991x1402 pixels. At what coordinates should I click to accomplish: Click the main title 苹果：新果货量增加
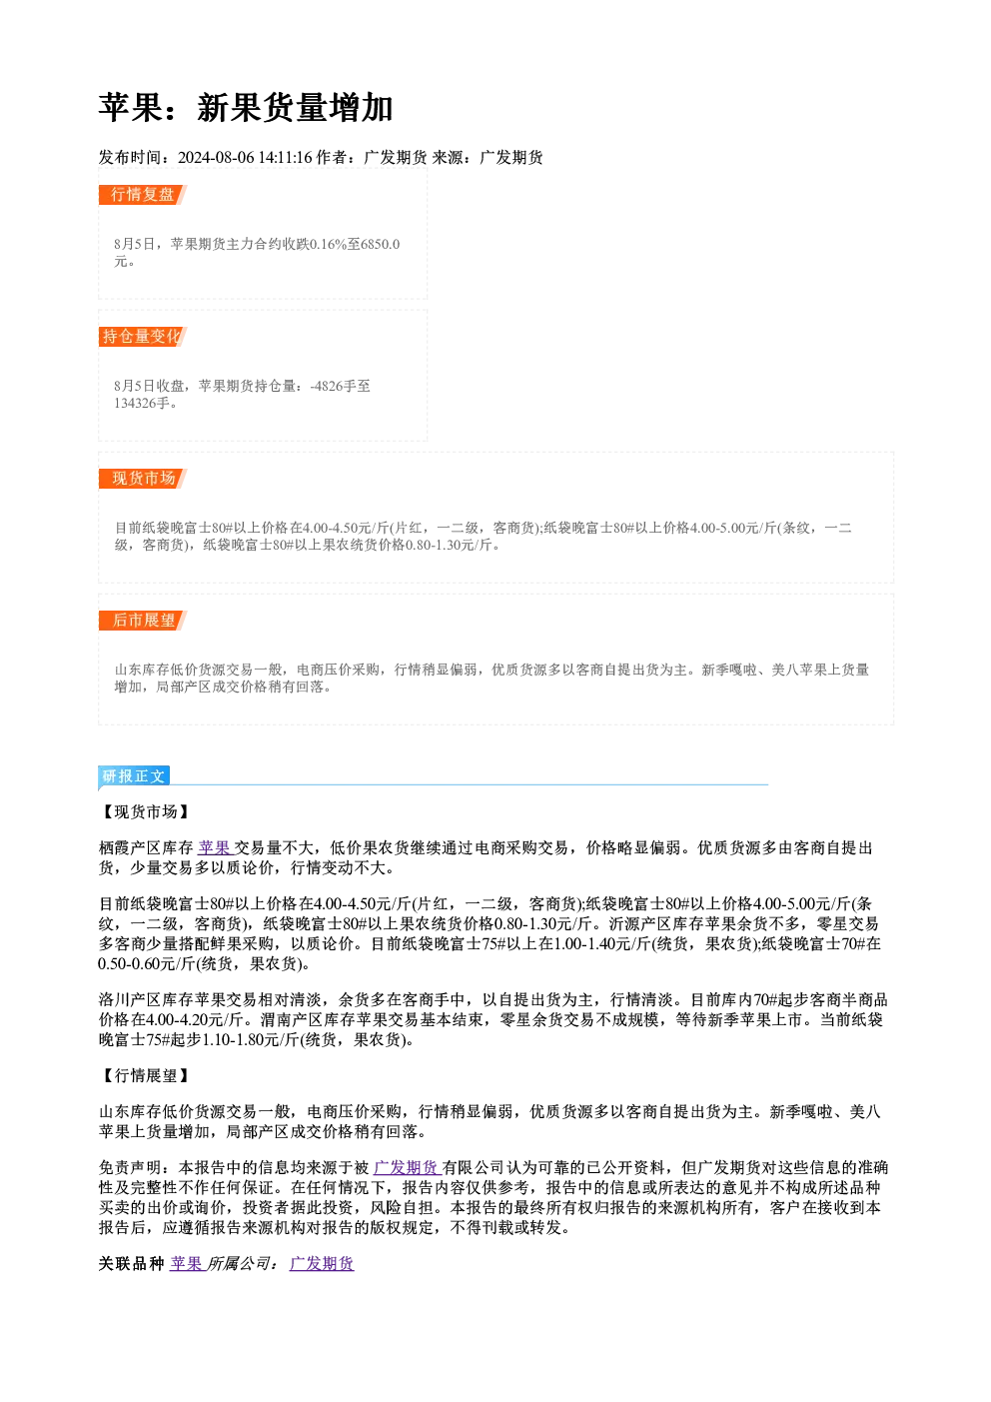(245, 108)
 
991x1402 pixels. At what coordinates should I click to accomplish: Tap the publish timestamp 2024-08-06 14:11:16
(245, 157)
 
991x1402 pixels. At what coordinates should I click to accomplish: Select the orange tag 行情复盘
(142, 194)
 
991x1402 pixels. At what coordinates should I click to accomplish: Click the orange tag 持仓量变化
(142, 336)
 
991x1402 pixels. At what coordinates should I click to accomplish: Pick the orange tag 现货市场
(142, 479)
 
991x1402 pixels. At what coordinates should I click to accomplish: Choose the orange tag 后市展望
(142, 621)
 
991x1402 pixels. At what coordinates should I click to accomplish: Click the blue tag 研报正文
(134, 776)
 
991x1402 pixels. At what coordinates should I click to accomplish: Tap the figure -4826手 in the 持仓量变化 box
(334, 386)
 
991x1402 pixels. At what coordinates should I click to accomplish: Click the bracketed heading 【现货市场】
(145, 811)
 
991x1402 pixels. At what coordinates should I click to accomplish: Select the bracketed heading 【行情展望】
(145, 1075)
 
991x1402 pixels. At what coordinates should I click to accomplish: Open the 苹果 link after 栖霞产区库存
(215, 848)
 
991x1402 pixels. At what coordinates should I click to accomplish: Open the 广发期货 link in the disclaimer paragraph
(408, 1167)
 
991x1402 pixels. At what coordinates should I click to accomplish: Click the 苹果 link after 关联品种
(187, 1263)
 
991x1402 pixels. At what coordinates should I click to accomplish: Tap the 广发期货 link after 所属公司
(322, 1263)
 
